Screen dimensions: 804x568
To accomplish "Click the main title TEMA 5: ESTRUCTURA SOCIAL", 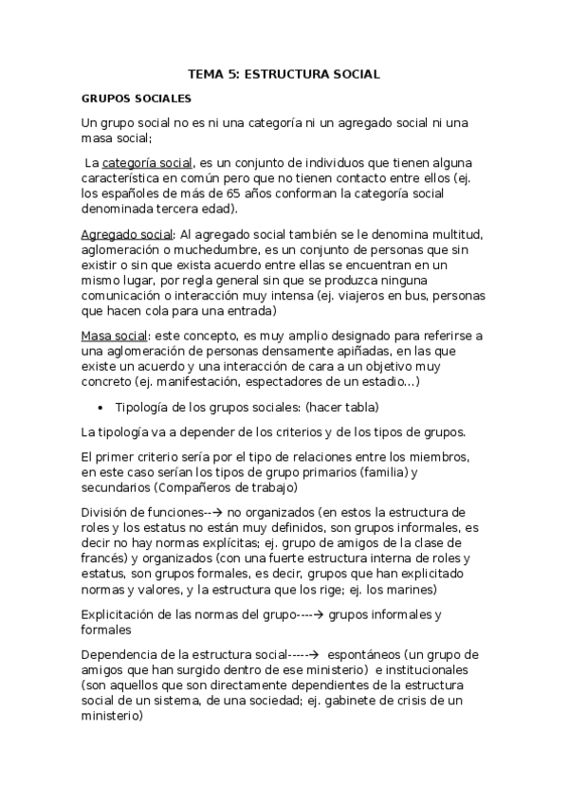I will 284,73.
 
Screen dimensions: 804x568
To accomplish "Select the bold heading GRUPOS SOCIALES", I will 137,98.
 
